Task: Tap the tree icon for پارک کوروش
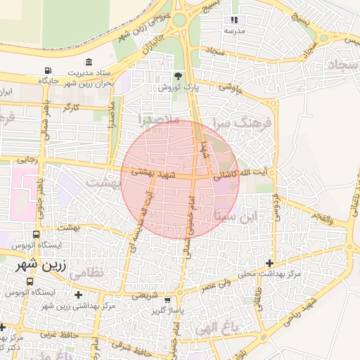click(x=177, y=76)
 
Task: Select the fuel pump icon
click(x=48, y=71)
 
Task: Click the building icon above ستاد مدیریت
click(x=88, y=63)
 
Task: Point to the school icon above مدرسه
click(x=234, y=20)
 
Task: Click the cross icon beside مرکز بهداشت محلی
click(x=269, y=262)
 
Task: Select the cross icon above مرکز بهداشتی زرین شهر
click(x=77, y=295)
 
